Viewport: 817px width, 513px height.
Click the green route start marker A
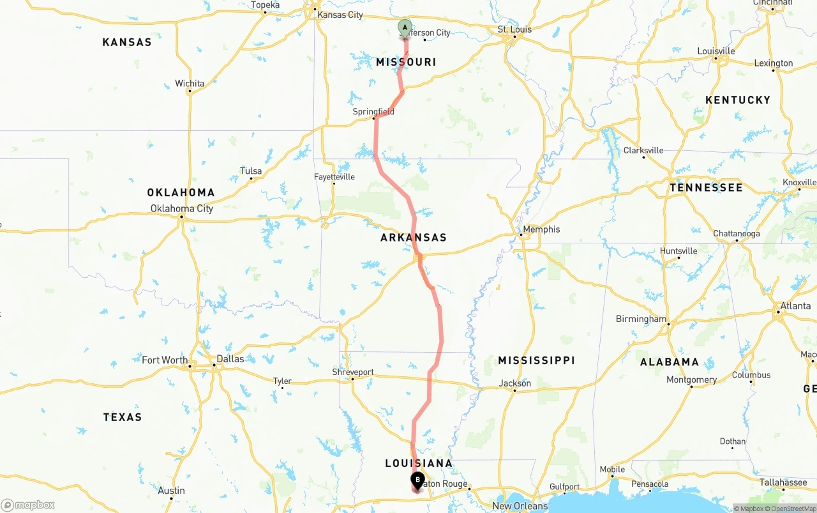pos(405,27)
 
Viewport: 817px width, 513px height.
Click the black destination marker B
pos(417,480)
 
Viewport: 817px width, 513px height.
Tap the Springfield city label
pos(373,112)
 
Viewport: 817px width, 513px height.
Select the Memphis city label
pos(541,229)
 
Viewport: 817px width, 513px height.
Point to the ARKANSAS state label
pos(414,238)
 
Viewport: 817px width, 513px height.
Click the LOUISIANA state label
pos(419,463)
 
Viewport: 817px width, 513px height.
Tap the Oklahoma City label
pos(182,208)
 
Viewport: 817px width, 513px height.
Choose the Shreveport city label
pos(353,372)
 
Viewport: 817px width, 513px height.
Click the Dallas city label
pos(230,359)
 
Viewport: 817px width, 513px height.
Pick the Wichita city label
pos(190,84)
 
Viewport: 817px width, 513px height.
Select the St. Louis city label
pos(514,29)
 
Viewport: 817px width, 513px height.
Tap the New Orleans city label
pos(520,506)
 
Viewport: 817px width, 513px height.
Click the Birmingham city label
pos(641,319)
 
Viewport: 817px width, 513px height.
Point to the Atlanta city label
pos(795,306)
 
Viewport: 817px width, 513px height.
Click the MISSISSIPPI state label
pos(536,361)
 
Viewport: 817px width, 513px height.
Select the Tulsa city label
pos(251,171)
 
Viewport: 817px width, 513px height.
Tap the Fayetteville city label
pos(334,177)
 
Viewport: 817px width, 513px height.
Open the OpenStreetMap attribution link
pos(793,509)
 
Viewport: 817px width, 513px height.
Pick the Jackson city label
pos(515,383)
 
